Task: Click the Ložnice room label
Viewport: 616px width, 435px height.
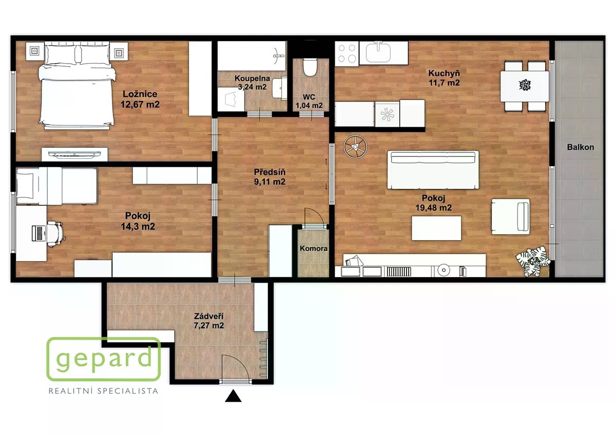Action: (x=140, y=94)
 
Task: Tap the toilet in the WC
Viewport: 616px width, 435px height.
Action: (x=311, y=67)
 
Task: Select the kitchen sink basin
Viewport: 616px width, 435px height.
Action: (x=378, y=53)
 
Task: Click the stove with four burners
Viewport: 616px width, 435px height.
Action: (x=347, y=53)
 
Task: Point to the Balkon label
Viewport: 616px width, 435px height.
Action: (x=580, y=147)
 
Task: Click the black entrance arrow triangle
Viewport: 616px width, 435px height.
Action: (x=233, y=396)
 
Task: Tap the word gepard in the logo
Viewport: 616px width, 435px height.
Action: (x=104, y=359)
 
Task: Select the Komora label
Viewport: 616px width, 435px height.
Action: (x=314, y=248)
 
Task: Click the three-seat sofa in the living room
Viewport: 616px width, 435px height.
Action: (x=433, y=170)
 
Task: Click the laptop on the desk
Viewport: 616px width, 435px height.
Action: (x=39, y=233)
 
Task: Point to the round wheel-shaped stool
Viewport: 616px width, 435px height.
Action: (x=356, y=147)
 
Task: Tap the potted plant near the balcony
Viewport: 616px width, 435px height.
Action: (x=533, y=261)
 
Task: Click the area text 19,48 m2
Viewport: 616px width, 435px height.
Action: (x=433, y=208)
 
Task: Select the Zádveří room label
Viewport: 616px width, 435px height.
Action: (x=209, y=317)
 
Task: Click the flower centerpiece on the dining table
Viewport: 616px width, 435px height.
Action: (x=525, y=85)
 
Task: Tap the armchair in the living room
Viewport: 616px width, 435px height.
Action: (x=510, y=217)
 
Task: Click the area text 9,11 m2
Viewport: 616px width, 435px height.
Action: (x=269, y=182)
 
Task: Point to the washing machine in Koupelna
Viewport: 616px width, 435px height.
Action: (x=231, y=99)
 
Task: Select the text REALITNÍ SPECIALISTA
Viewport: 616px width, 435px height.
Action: (x=103, y=391)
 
